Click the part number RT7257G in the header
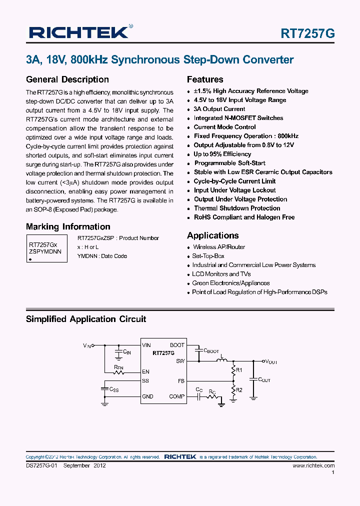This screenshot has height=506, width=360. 307,33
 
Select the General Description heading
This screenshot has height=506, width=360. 67,79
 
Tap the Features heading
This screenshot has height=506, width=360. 205,79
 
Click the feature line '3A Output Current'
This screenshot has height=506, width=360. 219,109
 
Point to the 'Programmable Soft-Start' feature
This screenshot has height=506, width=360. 229,163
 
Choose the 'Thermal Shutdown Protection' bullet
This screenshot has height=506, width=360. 237,208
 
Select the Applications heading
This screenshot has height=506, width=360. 212,235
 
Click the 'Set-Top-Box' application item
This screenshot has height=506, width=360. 208,256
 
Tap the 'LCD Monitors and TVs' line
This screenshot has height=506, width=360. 221,274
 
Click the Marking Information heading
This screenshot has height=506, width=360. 68,226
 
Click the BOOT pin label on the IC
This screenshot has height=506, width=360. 177,345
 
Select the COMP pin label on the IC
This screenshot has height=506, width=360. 177,396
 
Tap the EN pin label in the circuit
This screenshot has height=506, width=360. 146,371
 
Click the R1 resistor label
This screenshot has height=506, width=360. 239,370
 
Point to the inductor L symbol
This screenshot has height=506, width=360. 220,359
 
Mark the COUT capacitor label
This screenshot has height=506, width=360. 263,380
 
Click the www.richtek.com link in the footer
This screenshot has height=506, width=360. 313,465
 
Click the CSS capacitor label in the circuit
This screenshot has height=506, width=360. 113,389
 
